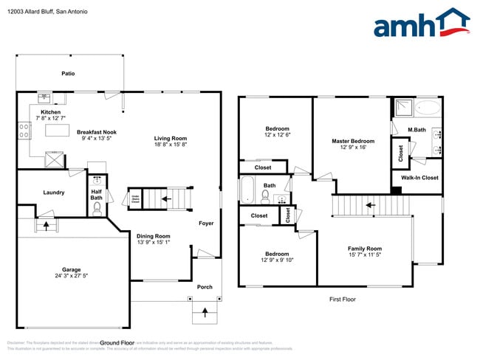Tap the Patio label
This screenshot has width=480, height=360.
[68, 74]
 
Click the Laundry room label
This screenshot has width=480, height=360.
[53, 193]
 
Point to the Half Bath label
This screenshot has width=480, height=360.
[96, 194]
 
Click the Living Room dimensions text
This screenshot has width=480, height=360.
[170, 145]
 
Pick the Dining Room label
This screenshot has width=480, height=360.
[154, 235]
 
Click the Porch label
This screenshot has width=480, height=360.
[205, 288]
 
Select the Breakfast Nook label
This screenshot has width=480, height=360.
[97, 132]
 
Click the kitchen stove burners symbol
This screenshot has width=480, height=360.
[24, 130]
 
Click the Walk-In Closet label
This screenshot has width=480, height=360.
[419, 178]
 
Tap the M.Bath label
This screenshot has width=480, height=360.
[417, 131]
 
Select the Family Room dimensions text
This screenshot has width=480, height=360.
[364, 255]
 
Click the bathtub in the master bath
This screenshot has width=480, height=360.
[427, 108]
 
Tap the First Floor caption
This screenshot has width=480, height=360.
[342, 300]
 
